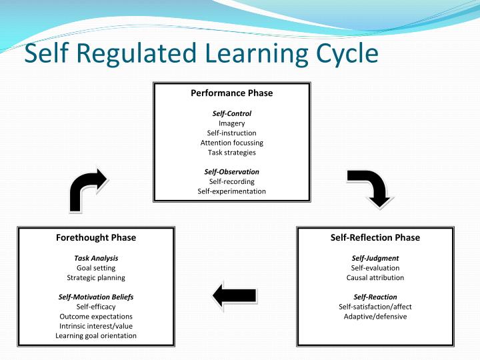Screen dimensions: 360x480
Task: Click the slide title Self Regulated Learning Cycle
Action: click(x=201, y=53)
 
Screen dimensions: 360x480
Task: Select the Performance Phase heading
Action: click(x=231, y=93)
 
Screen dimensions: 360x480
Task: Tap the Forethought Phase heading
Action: click(x=96, y=237)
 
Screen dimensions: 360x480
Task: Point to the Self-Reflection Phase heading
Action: click(x=375, y=237)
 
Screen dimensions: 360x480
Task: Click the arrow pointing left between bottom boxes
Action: click(x=234, y=294)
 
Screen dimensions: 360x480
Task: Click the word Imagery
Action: click(x=231, y=123)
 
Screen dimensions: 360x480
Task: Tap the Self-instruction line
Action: click(x=231, y=133)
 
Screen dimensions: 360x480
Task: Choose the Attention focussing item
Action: click(x=231, y=143)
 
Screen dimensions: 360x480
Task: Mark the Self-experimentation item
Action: click(x=231, y=191)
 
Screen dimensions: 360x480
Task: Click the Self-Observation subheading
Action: click(x=231, y=172)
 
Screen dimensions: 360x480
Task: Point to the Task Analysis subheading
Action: click(x=96, y=258)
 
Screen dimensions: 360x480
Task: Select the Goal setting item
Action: click(x=96, y=268)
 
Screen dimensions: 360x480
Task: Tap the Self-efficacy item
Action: click(x=96, y=307)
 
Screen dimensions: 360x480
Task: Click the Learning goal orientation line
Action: click(x=96, y=336)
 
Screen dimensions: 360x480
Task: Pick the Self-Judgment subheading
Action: click(x=375, y=258)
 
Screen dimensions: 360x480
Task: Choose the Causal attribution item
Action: click(x=375, y=277)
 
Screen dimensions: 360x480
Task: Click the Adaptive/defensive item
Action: click(x=375, y=316)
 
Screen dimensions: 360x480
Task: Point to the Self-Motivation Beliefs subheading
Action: click(x=96, y=297)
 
